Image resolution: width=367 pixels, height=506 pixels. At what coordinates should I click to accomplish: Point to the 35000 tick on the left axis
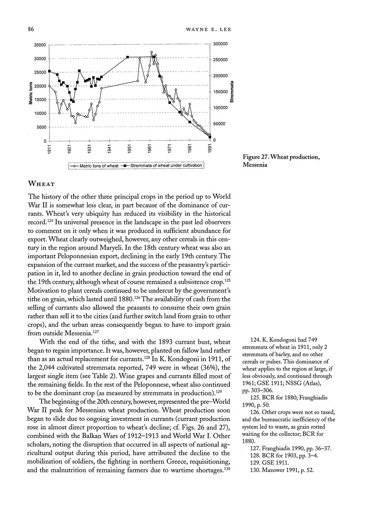click(x=38, y=45)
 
